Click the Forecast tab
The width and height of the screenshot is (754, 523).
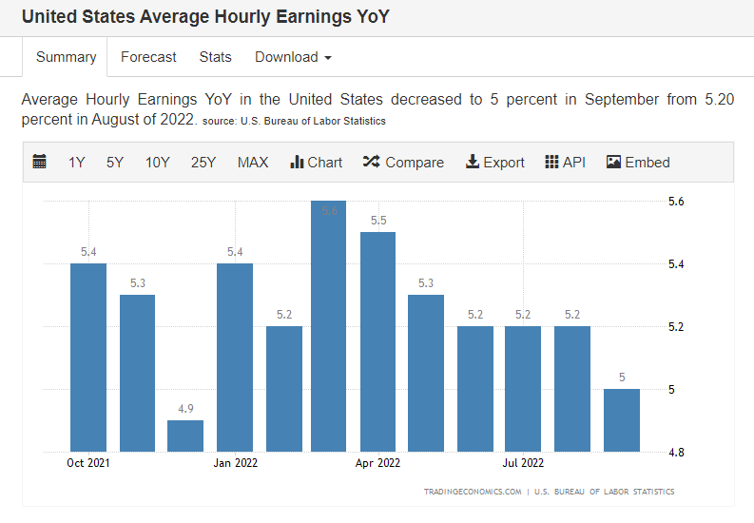[148, 57]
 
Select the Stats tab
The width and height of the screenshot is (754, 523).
[216, 57]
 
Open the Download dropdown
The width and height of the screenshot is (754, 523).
[293, 57]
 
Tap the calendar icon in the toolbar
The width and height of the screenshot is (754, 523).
[39, 162]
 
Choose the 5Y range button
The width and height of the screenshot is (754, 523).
[115, 163]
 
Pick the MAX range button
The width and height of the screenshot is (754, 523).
[253, 163]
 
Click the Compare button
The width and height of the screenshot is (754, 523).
[403, 163]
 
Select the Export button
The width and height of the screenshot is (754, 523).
[494, 163]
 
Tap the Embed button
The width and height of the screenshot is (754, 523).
[638, 163]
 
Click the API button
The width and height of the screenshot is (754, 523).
[565, 163]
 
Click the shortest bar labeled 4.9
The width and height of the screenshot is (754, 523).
[185, 436]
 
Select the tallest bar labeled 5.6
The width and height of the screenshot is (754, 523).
[328, 326]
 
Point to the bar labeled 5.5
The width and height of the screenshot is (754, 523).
[378, 341]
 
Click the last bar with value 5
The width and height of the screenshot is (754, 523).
[622, 420]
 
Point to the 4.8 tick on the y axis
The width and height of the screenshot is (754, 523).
[676, 453]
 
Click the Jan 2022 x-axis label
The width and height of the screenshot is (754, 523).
[236, 463]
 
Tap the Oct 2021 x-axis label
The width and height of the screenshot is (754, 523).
[88, 463]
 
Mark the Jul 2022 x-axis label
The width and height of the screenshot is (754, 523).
[523, 463]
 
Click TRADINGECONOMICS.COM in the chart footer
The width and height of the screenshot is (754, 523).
[473, 492]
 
